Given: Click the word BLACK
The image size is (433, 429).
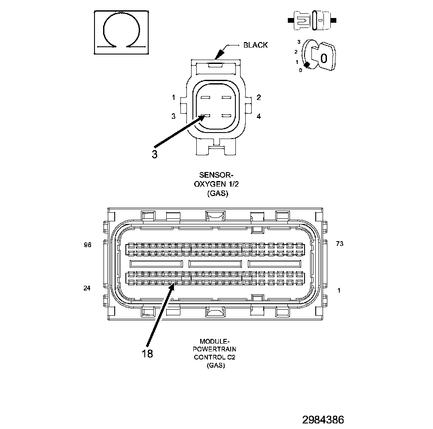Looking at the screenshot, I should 255,45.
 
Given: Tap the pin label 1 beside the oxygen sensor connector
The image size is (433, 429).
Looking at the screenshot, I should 174,97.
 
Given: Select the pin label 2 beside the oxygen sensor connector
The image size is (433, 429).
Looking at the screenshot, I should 259,97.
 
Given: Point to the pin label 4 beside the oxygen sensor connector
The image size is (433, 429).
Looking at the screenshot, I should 259,116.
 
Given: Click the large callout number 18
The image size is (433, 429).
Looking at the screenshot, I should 147,353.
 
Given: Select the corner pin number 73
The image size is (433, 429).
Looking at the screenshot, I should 339,244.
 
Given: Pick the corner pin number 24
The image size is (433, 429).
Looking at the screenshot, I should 87,288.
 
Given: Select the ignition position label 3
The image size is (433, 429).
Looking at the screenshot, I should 298,42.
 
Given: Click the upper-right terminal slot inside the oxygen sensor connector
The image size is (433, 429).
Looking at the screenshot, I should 226,97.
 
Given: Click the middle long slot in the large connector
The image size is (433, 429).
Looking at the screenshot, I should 215,263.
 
